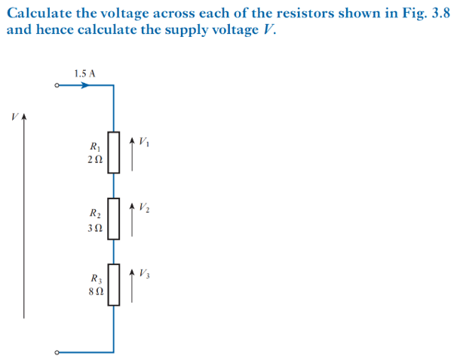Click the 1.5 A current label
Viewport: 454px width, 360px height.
pos(85,73)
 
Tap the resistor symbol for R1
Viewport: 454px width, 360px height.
pos(113,152)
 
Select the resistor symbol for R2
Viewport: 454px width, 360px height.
pos(113,218)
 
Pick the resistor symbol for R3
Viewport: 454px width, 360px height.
pos(113,284)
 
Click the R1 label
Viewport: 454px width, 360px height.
pos(94,146)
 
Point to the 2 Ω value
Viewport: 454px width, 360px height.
pos(94,160)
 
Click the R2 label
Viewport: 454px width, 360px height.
pos(94,213)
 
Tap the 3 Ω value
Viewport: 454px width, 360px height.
pos(94,226)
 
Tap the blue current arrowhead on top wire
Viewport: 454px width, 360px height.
pos(86,86)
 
